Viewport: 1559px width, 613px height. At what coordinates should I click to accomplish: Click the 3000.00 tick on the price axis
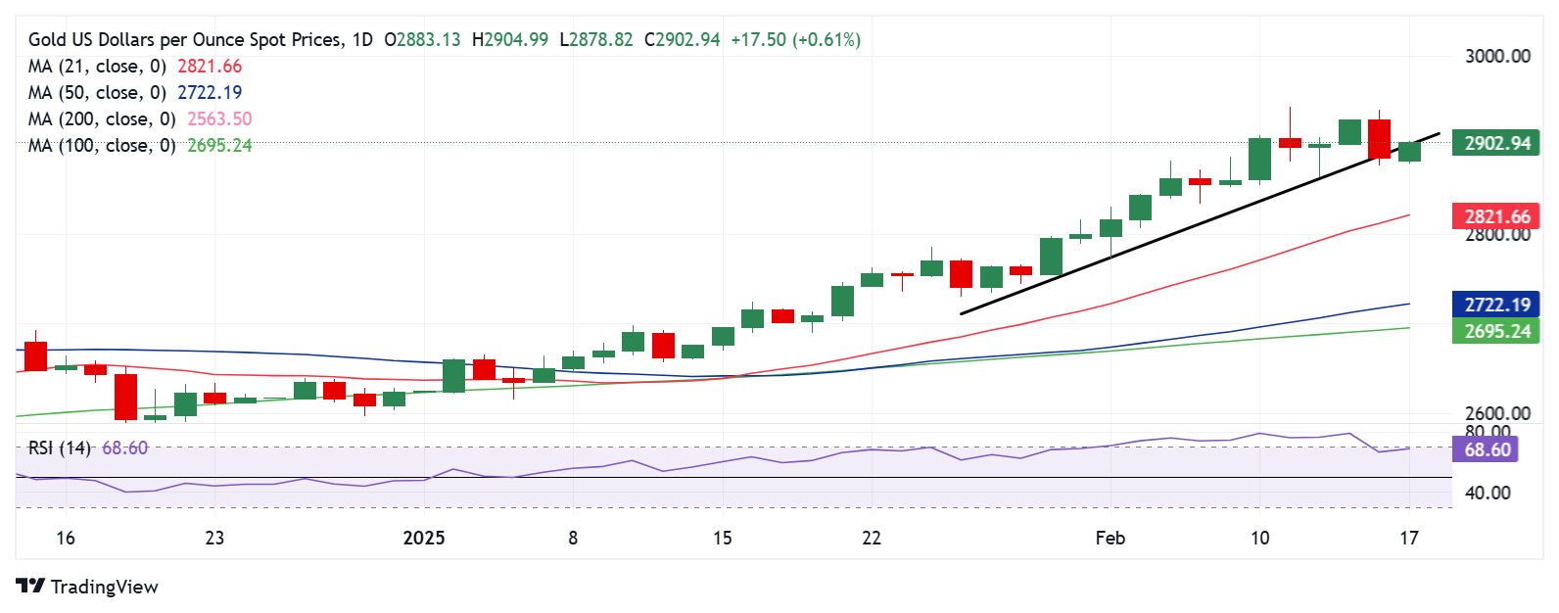pyautogui.click(x=1496, y=56)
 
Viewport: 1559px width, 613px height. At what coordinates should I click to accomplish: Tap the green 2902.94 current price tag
pyautogui.click(x=1495, y=143)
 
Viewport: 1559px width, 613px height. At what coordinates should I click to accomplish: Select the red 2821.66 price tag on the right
pyautogui.click(x=1495, y=216)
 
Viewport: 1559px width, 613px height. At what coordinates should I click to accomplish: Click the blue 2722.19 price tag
pyautogui.click(x=1495, y=305)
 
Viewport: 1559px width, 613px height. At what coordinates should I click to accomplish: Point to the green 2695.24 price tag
pyautogui.click(x=1495, y=331)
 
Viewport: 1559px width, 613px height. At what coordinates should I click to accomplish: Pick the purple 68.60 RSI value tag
pyautogui.click(x=1487, y=449)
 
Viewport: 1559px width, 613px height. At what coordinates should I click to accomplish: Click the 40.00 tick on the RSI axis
pyautogui.click(x=1487, y=493)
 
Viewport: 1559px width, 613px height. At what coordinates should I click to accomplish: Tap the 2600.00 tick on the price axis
pyautogui.click(x=1496, y=413)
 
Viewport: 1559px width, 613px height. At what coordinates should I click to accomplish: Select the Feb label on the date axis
pyautogui.click(x=1110, y=538)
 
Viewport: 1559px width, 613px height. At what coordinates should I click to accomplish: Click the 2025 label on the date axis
pyautogui.click(x=424, y=538)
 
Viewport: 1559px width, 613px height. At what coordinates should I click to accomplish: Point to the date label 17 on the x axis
pyautogui.click(x=1408, y=538)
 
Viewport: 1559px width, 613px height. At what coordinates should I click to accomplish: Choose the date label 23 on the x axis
pyautogui.click(x=214, y=538)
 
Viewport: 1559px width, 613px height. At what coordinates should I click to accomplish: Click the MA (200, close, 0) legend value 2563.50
pyautogui.click(x=219, y=118)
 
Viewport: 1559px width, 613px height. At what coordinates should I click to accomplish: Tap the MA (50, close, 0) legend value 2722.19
pyautogui.click(x=210, y=92)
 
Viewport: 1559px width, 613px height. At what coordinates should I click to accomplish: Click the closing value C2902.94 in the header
pyautogui.click(x=682, y=40)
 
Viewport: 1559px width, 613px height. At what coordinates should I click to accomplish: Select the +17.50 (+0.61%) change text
pyautogui.click(x=795, y=40)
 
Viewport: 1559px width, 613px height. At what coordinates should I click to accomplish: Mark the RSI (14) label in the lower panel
pyautogui.click(x=59, y=448)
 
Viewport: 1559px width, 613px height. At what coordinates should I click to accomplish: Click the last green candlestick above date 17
pyautogui.click(x=1409, y=152)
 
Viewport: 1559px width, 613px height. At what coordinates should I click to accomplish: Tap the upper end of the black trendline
pyautogui.click(x=1439, y=133)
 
